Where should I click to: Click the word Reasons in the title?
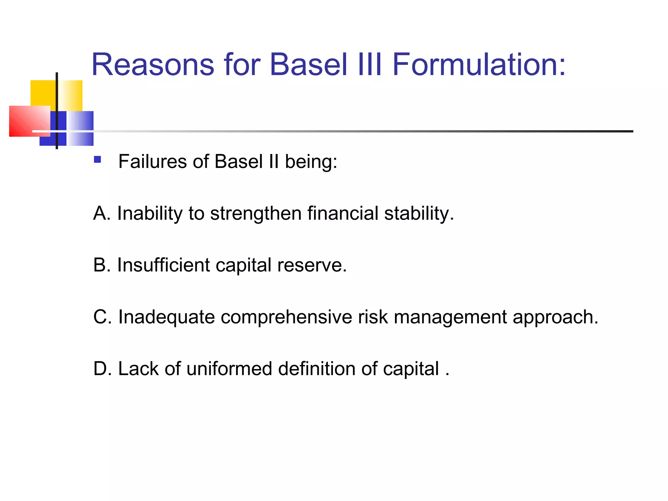coord(153,65)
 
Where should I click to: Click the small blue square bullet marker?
coord(97,159)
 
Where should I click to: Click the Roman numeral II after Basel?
coord(274,161)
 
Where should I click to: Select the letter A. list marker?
coord(101,213)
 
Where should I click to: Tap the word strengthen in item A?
coord(255,213)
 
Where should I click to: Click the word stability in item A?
coord(418,213)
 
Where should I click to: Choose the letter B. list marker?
coord(101,265)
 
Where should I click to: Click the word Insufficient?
coord(163,265)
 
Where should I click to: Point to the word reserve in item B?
coord(311,265)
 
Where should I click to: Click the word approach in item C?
coord(555,317)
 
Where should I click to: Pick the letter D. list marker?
coord(102,369)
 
